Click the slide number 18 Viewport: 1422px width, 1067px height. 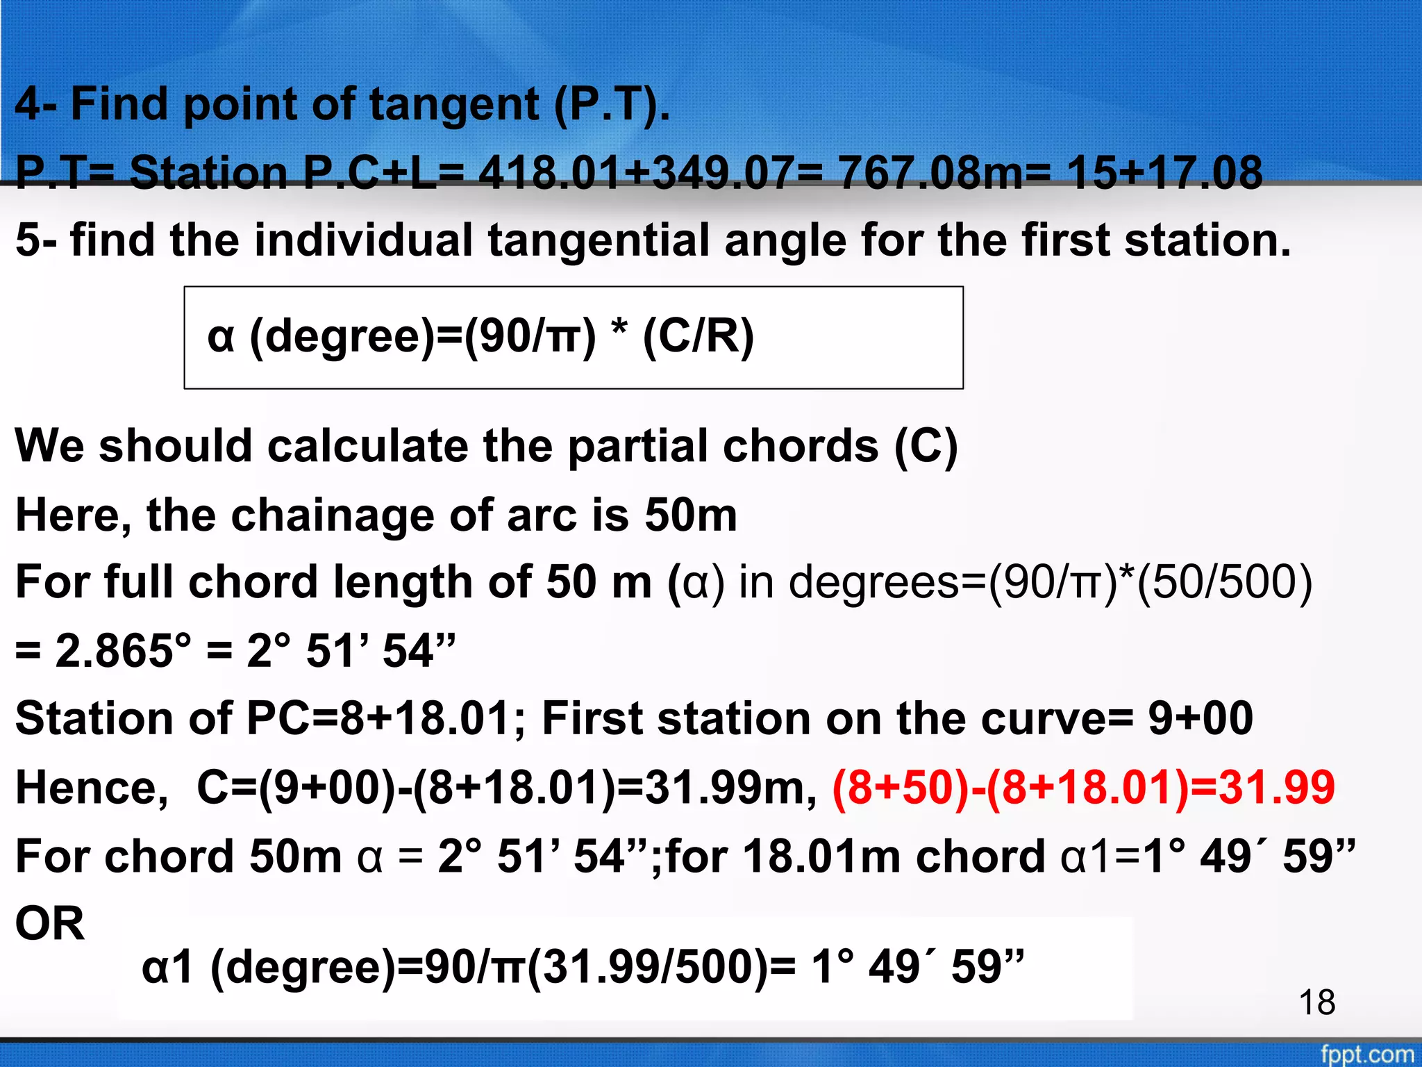pos(1316,1002)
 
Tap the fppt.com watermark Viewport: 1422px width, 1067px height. pos(1366,1053)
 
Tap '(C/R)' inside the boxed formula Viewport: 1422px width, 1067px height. pos(698,336)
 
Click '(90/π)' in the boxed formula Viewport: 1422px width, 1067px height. pos(530,336)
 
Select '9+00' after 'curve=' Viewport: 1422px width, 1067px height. pos(1201,718)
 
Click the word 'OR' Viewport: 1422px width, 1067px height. pos(50,924)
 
